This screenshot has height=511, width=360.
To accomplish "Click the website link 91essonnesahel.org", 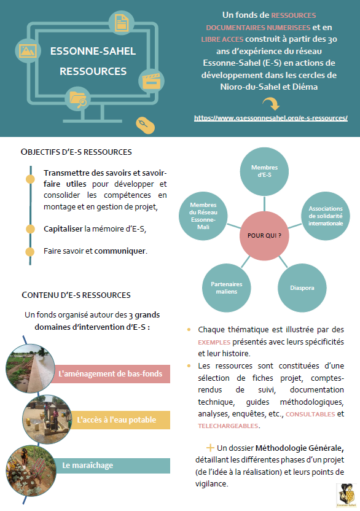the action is click(x=271, y=118).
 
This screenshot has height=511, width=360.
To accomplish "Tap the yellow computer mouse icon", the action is click(x=145, y=125).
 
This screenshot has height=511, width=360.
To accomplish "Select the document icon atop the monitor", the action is click(x=121, y=23).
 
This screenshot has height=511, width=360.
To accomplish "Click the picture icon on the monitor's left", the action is click(x=28, y=51).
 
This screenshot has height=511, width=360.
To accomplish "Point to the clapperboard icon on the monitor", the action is click(x=151, y=81).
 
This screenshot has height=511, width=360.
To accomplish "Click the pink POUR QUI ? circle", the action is click(x=264, y=236).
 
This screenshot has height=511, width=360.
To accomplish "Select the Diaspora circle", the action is click(x=302, y=288).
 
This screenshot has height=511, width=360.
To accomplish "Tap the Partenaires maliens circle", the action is click(x=227, y=288).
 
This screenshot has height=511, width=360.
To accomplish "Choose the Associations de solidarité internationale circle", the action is click(x=326, y=216).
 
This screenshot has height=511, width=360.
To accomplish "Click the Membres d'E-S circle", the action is click(x=264, y=171).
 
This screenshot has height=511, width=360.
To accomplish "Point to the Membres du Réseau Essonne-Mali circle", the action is click(x=203, y=216).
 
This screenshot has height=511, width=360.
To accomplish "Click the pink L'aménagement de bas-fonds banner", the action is click(x=110, y=374).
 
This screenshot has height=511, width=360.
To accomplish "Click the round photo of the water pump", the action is click(x=47, y=419).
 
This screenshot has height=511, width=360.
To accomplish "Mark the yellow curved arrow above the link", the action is click(x=272, y=104).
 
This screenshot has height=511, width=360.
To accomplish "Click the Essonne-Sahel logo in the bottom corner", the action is click(x=346, y=496).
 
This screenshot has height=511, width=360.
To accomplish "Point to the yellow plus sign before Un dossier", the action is click(x=210, y=448).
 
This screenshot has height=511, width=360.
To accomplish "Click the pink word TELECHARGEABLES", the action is click(x=229, y=426).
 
